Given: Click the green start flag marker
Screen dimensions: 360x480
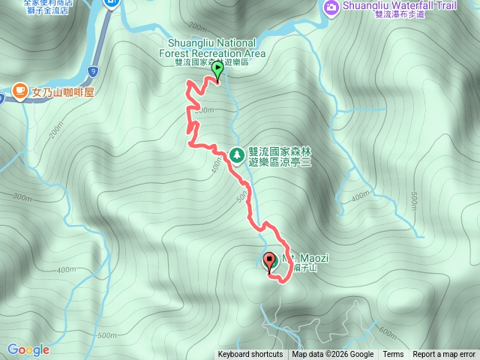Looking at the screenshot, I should point(217,70).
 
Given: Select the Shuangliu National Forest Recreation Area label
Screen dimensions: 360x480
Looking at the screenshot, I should point(212,48).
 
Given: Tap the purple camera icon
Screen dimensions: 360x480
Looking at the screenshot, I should point(331,7).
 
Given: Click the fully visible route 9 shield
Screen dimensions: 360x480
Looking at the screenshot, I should point(92,71).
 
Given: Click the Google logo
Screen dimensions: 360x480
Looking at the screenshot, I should point(28,349).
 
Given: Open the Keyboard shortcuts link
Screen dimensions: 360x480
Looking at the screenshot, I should point(250,355).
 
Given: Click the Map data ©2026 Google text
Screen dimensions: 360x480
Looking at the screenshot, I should point(333,355).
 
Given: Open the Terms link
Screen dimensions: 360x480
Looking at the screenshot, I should point(393,355).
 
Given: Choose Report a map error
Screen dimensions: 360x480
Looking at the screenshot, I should point(444,355).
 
